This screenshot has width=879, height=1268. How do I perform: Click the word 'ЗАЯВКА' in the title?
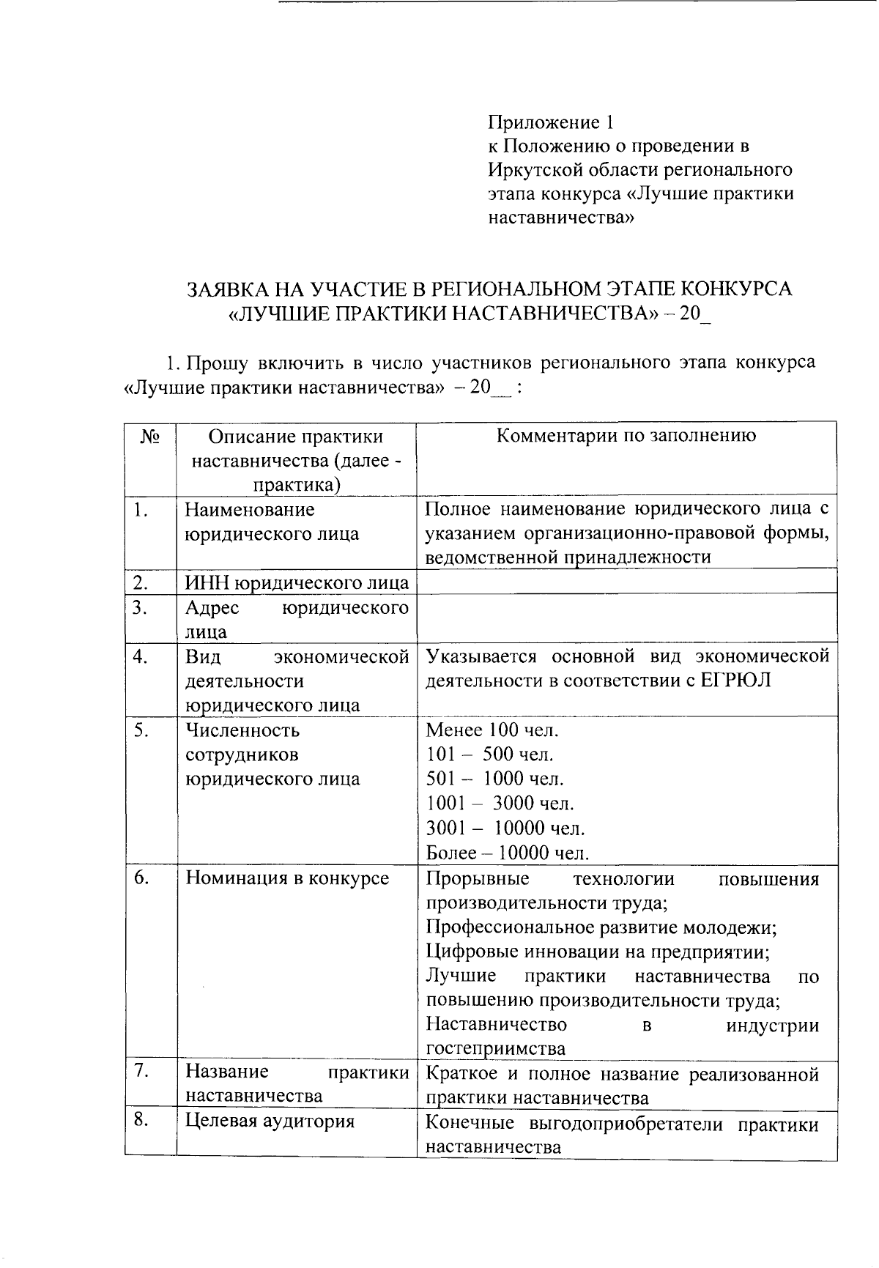click(227, 289)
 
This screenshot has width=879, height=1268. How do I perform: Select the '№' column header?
click(150, 437)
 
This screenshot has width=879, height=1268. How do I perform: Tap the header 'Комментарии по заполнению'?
click(626, 436)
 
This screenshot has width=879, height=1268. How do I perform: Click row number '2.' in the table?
click(141, 583)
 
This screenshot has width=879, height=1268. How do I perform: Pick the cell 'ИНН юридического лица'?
click(296, 583)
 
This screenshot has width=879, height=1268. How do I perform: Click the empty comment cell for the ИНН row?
click(626, 582)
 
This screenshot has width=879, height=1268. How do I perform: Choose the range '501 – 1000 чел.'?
click(495, 779)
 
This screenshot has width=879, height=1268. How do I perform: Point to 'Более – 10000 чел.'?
click(507, 853)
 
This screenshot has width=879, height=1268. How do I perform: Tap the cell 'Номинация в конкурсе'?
click(287, 878)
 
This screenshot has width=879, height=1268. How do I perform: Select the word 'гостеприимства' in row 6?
click(496, 1048)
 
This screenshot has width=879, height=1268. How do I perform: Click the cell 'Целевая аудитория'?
click(270, 1121)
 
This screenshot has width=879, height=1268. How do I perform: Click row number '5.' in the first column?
click(141, 730)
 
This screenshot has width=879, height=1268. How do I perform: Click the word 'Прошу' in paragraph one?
click(213, 363)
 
